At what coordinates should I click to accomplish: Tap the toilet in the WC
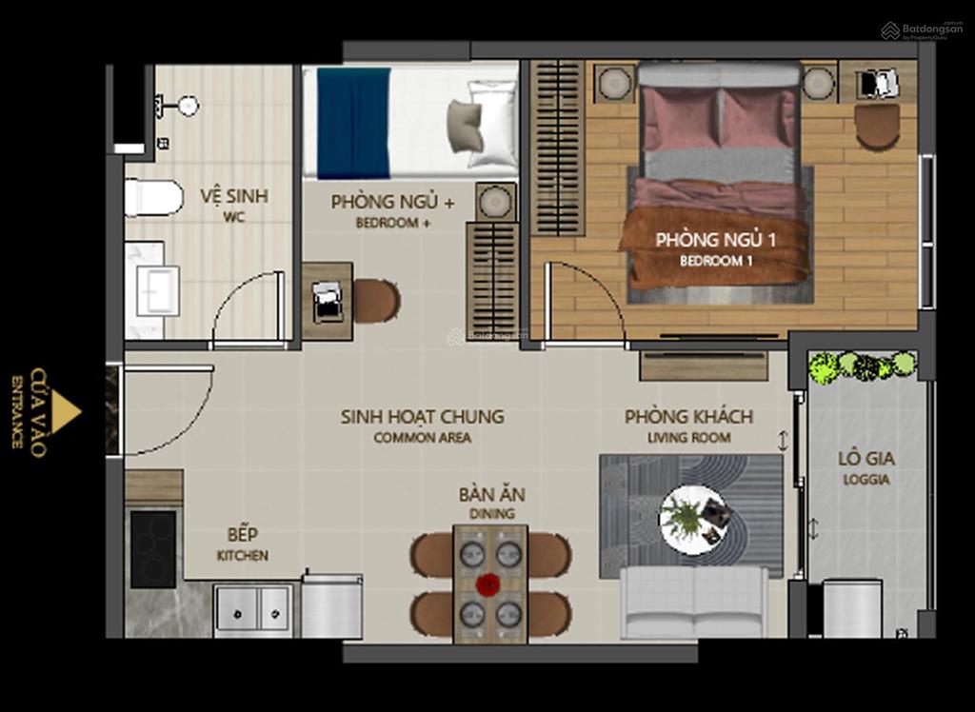pyautogui.click(x=153, y=198)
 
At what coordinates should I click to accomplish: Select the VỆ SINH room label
pyautogui.click(x=233, y=196)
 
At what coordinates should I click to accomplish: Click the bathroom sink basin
pyautogui.click(x=156, y=289)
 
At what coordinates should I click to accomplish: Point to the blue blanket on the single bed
pyautogui.click(x=353, y=123)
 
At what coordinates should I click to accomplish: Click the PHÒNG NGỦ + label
pyautogui.click(x=392, y=203)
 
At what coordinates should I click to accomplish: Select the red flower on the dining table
pyautogui.click(x=488, y=584)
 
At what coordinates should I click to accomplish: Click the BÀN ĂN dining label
pyautogui.click(x=491, y=495)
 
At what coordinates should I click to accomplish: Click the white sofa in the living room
pyautogui.click(x=694, y=602)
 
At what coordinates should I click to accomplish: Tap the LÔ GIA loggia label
pyautogui.click(x=866, y=459)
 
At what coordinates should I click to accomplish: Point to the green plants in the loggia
pyautogui.click(x=862, y=366)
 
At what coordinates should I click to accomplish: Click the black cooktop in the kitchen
pyautogui.click(x=153, y=548)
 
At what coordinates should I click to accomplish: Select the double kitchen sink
pyautogui.click(x=252, y=608)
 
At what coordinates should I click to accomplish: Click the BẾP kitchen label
pyautogui.click(x=242, y=535)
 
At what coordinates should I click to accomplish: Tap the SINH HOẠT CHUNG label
pyautogui.click(x=422, y=417)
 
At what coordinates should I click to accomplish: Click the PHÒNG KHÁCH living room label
pyautogui.click(x=688, y=417)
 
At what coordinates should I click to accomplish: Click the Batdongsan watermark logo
pyautogui.click(x=921, y=30)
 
